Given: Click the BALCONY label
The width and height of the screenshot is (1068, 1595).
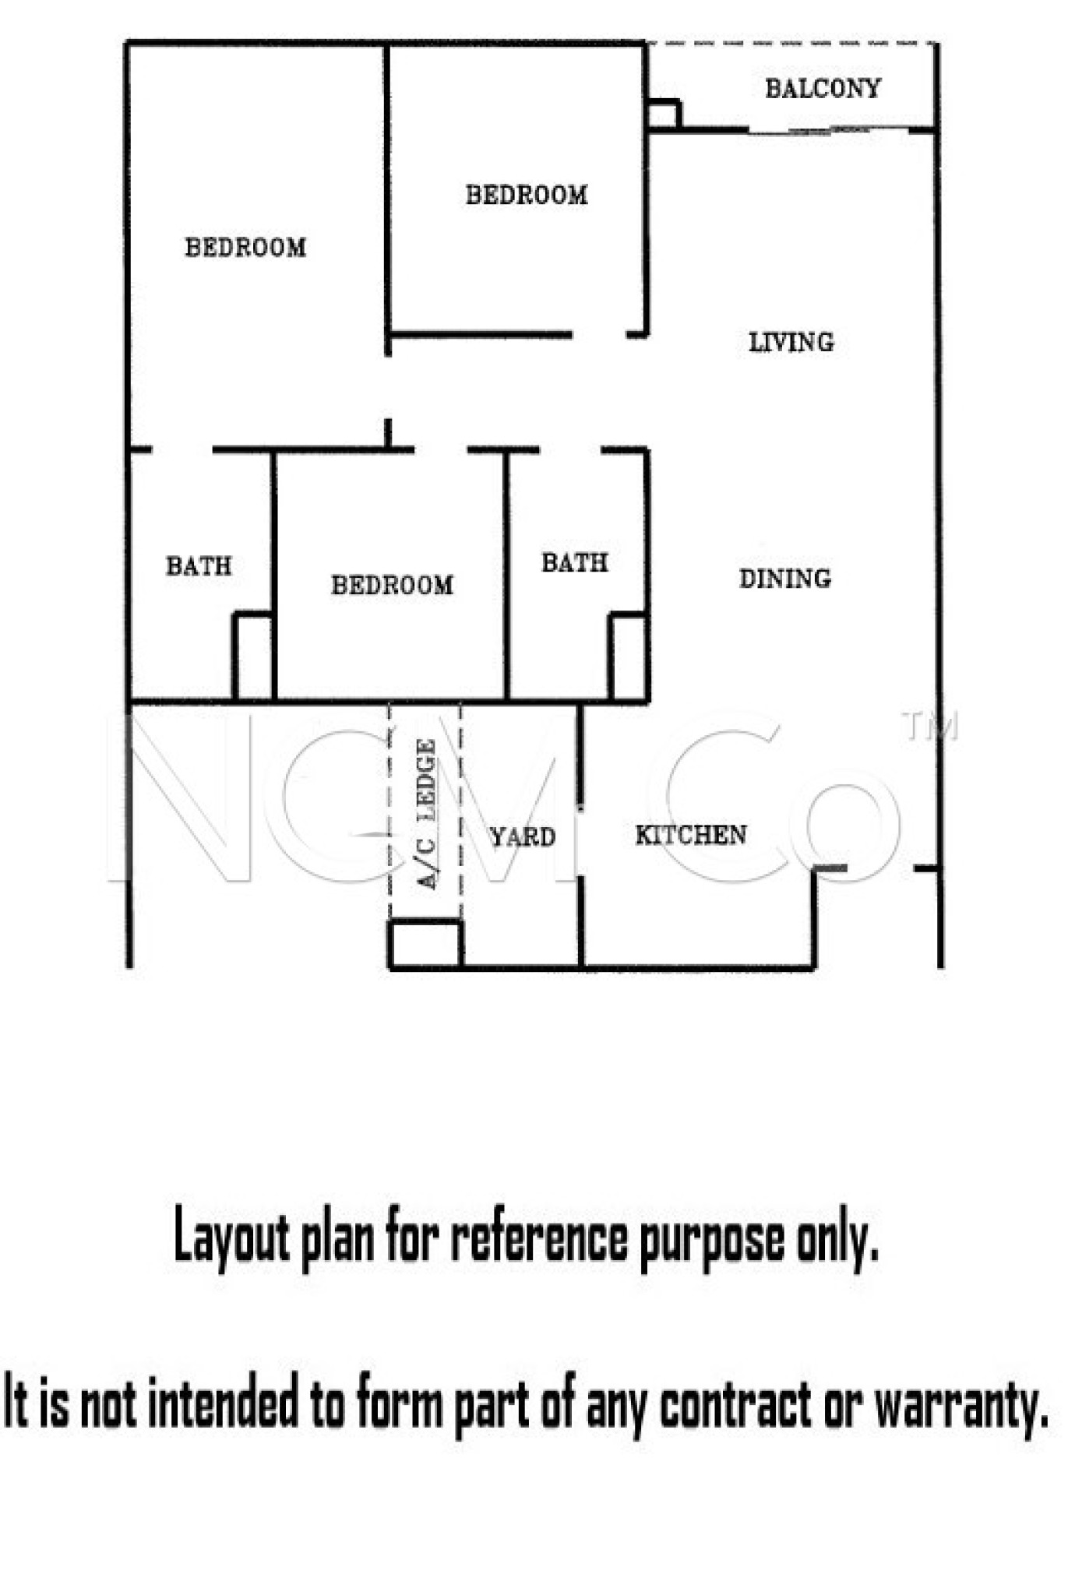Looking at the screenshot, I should tap(822, 89).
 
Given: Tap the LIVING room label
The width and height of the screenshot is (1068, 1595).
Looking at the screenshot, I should tap(791, 342).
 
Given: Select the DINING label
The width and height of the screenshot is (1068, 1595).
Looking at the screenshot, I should tap(784, 579).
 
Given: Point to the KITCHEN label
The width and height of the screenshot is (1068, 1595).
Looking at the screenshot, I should tap(691, 836).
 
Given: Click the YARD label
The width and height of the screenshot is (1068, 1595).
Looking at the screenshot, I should tap(522, 837).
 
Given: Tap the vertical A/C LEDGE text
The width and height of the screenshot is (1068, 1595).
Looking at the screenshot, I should tap(427, 814).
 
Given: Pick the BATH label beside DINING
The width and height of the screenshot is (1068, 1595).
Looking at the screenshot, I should tap(574, 562).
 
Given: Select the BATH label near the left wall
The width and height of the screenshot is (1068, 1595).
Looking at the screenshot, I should tap(199, 566).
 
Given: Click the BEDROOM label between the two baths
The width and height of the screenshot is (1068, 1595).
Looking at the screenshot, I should tap(392, 586).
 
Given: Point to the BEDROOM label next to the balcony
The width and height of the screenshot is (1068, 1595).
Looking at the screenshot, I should tap(527, 195).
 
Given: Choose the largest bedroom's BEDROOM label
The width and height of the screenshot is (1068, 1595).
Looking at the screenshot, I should tap(245, 248).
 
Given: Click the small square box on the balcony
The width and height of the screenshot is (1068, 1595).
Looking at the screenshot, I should tap(663, 114).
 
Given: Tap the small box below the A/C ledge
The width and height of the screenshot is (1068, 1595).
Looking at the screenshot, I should tap(425, 945).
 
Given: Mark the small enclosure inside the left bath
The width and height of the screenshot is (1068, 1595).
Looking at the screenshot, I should tap(253, 658).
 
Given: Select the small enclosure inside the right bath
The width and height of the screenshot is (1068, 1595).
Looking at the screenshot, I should tap(628, 659).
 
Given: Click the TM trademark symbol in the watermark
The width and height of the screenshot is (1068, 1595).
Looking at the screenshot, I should tap(929, 726).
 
